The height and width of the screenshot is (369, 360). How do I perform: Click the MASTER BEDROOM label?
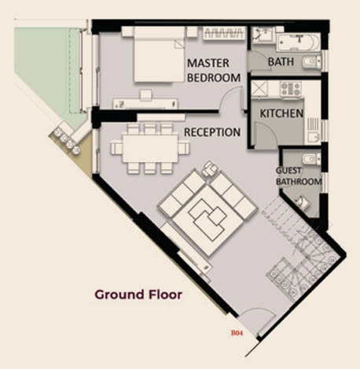tap(214, 70)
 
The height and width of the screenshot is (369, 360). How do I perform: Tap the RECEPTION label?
tap(212, 132)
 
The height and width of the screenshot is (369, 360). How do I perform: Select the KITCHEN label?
tap(281, 113)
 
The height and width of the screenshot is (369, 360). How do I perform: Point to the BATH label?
tap(281, 62)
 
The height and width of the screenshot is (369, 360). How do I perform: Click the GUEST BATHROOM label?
tap(299, 176)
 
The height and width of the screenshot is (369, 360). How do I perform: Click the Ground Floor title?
tap(138, 294)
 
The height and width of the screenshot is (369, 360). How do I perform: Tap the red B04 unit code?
tap(237, 333)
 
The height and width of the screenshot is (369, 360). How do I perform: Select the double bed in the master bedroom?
tap(159, 54)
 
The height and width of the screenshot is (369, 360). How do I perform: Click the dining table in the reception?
tap(150, 149)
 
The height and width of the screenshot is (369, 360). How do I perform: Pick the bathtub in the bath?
tap(299, 42)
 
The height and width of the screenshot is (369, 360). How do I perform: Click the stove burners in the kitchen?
tap(291, 89)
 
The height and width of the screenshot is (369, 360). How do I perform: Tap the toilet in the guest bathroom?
tap(311, 159)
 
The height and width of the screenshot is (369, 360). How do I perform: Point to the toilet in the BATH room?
tap(312, 62)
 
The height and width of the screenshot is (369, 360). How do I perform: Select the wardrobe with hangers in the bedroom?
tap(224, 33)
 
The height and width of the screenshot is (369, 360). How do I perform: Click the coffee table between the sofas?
tap(208, 220)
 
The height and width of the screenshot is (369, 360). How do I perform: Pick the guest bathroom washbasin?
tap(303, 202)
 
